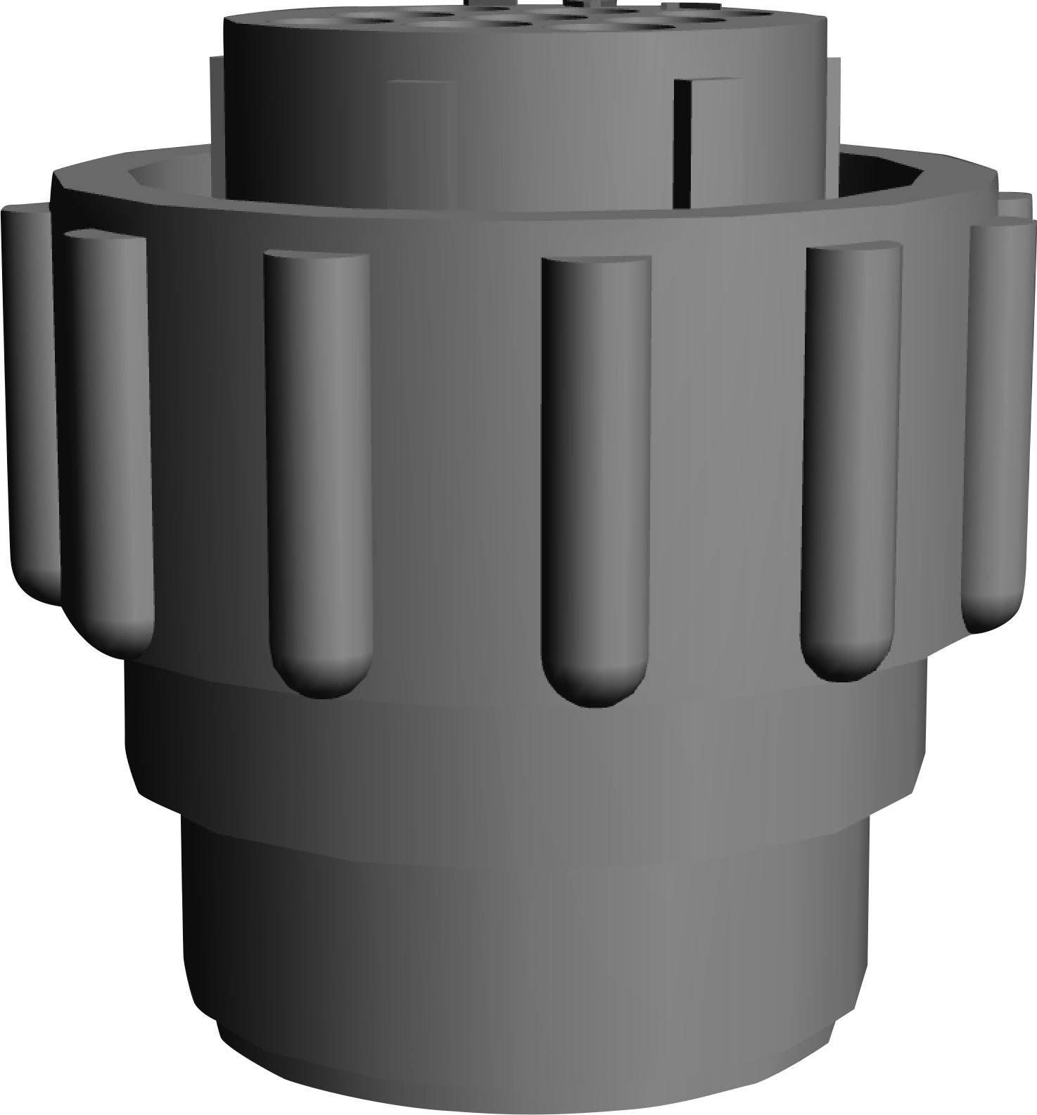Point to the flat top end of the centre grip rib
[x=595, y=265]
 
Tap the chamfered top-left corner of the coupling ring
[x=59, y=179]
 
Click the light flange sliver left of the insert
[x=216, y=106]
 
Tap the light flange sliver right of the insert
[x=834, y=106]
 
